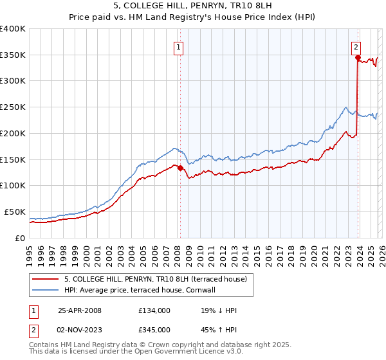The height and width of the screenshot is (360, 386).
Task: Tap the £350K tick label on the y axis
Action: [13, 55]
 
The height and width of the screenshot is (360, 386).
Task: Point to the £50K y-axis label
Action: [15, 212]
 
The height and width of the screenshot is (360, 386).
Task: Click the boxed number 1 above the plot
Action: [178, 46]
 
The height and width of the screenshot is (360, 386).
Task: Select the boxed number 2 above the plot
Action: [356, 46]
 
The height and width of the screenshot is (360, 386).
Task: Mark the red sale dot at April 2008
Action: [180, 168]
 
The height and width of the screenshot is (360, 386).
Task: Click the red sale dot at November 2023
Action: [357, 58]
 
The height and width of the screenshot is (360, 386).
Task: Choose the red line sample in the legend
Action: [45, 279]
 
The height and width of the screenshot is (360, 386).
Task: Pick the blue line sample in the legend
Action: [45, 291]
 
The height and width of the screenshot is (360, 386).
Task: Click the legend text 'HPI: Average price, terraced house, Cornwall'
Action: [140, 291]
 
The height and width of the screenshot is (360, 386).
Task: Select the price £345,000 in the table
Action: [154, 330]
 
